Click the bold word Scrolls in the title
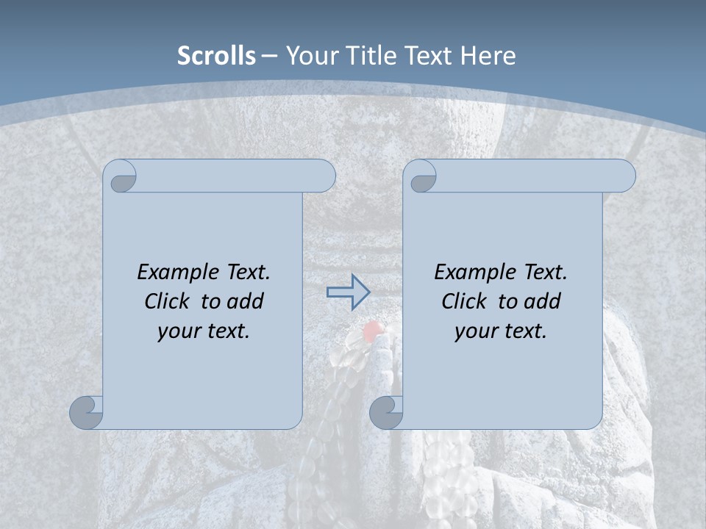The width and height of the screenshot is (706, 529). pos(217,56)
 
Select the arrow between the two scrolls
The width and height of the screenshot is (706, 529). pos(348,292)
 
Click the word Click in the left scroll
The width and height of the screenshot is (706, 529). pos(168,301)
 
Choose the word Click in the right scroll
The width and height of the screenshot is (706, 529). pos(465,301)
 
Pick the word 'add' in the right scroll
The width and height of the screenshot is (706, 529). pos(542,301)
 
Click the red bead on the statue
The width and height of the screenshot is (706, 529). pos(373,331)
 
